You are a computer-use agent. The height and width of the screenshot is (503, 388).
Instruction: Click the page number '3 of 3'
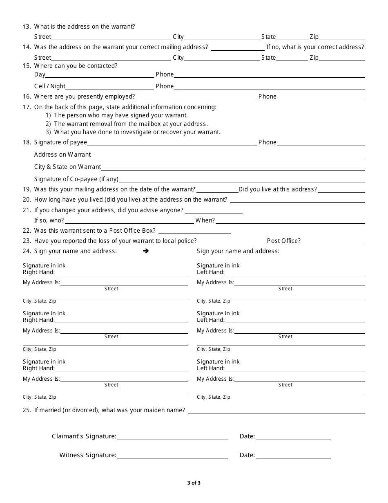[x=194, y=483]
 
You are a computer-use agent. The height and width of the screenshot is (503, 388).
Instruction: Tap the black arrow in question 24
[x=146, y=251]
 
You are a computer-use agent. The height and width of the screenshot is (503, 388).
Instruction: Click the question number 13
[x=27, y=27]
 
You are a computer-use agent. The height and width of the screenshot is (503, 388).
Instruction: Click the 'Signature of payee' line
[x=172, y=144]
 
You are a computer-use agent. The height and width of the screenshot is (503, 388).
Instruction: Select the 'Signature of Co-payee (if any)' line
[x=242, y=180]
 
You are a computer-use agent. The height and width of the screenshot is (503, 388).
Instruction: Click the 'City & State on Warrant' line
[x=233, y=168]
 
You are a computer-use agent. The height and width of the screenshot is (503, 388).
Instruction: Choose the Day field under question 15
[x=99, y=76]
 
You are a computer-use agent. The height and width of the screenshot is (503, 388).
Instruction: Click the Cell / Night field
[x=109, y=88]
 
